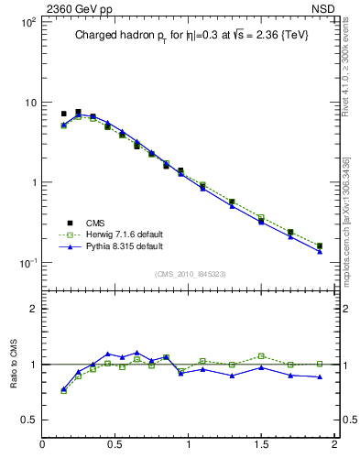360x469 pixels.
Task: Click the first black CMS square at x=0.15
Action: point(64,114)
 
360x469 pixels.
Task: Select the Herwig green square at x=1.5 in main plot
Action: point(261,217)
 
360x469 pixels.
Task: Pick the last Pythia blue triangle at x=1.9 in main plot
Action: point(320,251)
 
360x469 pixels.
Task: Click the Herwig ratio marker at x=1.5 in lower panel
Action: point(261,355)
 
